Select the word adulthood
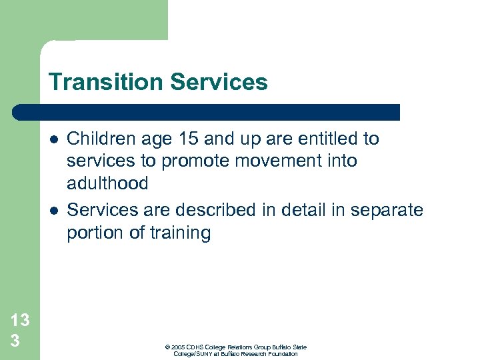coord(107,183)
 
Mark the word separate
coord(388,210)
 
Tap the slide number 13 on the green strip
coord(20,320)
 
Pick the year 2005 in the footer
coord(177,347)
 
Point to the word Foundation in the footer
coord(283,354)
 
